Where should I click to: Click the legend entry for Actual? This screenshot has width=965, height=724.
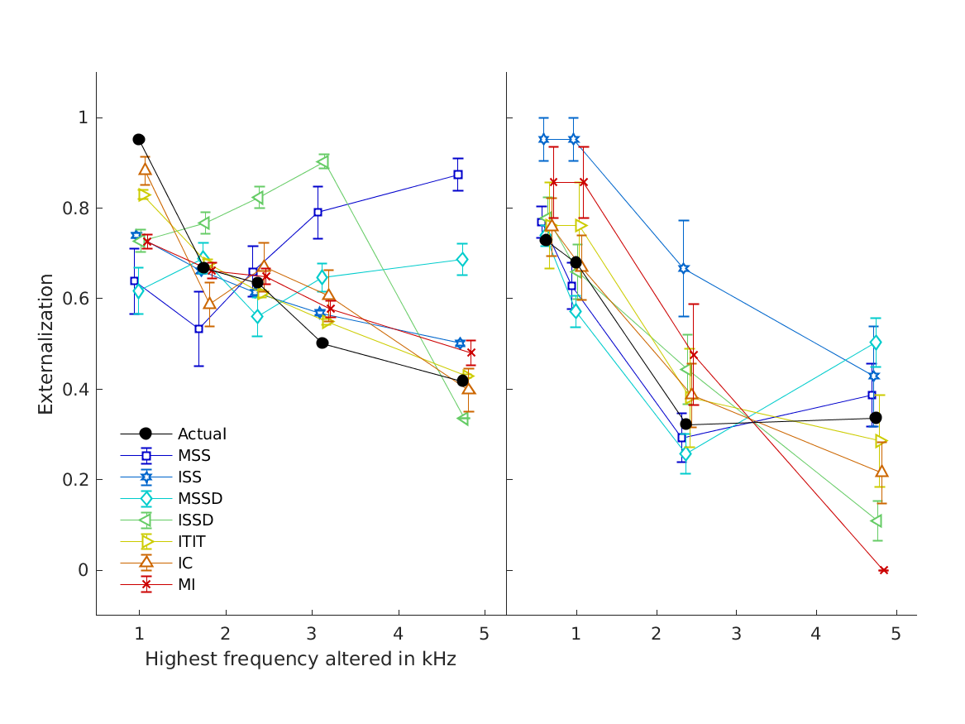pos(202,434)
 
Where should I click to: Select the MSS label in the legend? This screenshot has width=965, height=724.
pos(193,455)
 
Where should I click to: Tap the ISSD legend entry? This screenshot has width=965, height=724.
pos(195,520)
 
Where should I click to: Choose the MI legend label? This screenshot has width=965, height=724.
pos(186,584)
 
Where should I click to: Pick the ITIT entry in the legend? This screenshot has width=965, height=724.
pos(191,541)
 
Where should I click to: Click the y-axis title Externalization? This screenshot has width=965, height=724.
pos(46,343)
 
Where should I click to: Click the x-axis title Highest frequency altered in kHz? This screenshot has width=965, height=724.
pos(300,659)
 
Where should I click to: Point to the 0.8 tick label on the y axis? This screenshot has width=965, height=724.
pos(76,208)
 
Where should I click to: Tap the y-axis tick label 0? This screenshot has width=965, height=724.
pos(83,570)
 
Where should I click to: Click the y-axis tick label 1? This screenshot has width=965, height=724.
pos(83,117)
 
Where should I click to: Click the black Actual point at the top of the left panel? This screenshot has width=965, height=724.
pos(139,139)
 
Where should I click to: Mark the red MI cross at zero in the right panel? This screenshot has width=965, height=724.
pos(883,570)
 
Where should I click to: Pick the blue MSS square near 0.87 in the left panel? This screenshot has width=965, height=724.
pos(457,175)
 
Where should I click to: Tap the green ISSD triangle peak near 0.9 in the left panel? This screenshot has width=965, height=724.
pos(323,161)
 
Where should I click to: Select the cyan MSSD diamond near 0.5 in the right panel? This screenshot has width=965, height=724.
pos(875,343)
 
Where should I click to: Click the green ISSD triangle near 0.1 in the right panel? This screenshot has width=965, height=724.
pos(876,521)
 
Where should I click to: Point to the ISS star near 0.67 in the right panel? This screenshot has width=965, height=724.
pos(683,268)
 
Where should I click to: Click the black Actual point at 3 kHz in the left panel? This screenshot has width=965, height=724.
pos(322,343)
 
